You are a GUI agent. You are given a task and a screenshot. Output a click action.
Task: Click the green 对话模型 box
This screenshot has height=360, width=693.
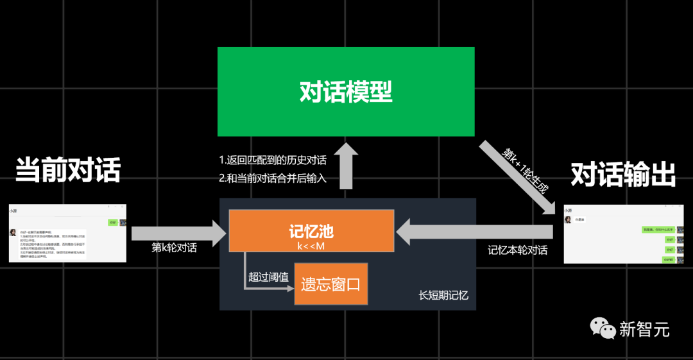point(346,92)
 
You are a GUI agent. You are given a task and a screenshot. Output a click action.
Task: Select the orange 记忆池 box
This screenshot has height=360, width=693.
point(311,231)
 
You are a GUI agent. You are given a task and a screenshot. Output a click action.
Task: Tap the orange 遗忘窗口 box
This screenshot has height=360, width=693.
point(331,284)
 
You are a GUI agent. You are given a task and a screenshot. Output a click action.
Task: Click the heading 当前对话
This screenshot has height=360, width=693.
point(68,170)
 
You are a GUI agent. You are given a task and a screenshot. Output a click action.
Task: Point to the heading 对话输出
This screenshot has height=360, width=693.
point(623,173)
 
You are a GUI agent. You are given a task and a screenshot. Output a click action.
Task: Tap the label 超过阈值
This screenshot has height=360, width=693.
point(269,277)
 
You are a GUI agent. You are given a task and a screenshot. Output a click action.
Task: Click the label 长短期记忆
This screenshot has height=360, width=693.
point(443,295)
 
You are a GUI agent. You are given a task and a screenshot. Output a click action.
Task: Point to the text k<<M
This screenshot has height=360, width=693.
point(311,245)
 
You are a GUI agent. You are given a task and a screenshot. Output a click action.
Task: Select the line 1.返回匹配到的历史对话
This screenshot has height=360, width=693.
point(273,160)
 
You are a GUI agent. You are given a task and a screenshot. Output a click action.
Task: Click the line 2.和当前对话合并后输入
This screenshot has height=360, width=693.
point(273,178)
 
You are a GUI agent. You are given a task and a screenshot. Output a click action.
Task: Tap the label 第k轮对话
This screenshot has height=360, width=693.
point(174,248)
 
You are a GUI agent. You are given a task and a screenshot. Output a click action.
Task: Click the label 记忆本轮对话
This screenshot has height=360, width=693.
point(517,250)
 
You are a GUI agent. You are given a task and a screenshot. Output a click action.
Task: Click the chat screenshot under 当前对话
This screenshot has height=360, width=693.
point(67,233)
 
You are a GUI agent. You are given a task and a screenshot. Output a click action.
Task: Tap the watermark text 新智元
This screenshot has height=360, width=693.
point(644,329)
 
